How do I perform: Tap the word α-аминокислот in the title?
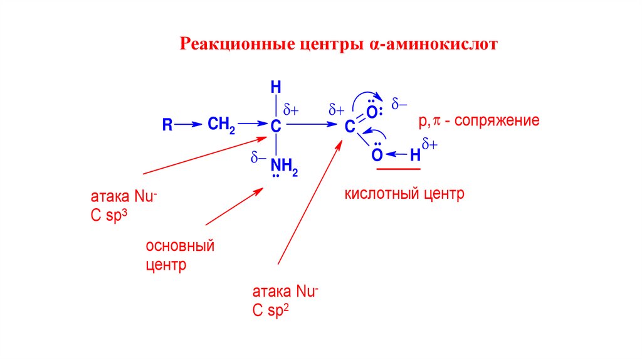432,45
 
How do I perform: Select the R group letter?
167,125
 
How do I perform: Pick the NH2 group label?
284,166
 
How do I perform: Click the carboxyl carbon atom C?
349,127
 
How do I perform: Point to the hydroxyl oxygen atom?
376,155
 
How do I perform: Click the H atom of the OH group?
414,155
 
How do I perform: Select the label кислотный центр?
404,194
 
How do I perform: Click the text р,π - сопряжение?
479,120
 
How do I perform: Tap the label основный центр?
180,255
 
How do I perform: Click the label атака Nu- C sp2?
285,300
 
